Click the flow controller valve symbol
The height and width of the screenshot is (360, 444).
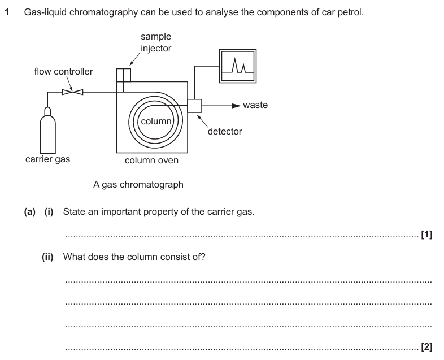pos(72,92)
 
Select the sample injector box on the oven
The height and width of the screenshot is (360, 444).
pos(123,75)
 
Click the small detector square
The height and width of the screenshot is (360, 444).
pos(194,106)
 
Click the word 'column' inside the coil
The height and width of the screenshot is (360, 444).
pos(155,122)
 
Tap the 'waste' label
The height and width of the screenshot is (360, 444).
pos(255,105)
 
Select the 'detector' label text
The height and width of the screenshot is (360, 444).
pos(225,132)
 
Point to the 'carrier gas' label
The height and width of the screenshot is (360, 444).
pos(47,159)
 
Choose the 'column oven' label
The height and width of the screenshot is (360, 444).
pos(151,161)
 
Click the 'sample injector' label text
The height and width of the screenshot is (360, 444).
pos(156,42)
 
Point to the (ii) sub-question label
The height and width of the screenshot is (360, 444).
pos(49,257)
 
